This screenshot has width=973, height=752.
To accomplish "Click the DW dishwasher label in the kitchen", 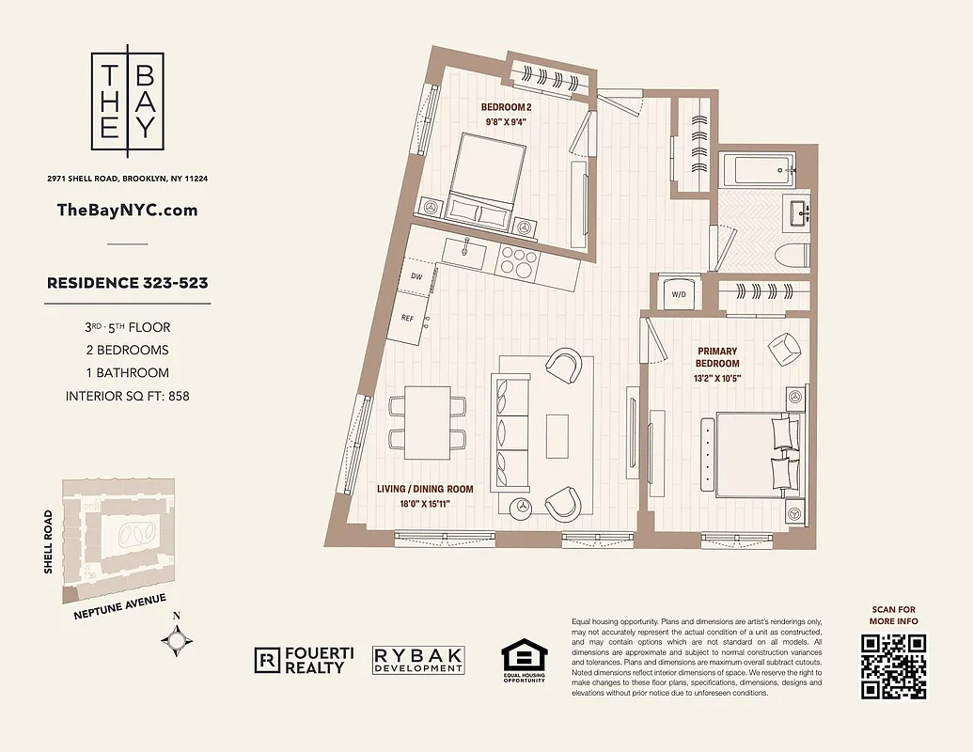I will point(416,276).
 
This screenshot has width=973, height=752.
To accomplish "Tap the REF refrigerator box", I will point(408,319).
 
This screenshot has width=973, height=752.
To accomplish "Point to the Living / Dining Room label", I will point(426,489).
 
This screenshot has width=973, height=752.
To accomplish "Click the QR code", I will point(891,666).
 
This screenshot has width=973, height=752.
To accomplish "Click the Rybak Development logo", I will point(418,660).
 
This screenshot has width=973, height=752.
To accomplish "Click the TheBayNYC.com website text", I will point(128,210).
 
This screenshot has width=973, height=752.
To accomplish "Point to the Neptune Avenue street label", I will point(120,607).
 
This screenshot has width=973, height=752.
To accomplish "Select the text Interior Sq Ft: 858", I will point(128,396).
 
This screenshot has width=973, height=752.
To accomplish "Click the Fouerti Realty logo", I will point(300,660).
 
